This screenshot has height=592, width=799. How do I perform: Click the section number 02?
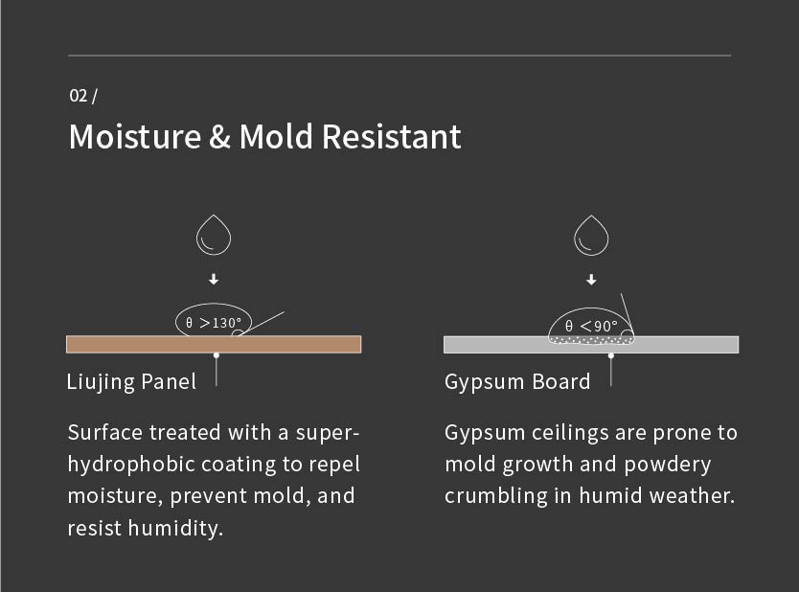coord(78,95)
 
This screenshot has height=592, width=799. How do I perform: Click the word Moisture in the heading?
coord(135,137)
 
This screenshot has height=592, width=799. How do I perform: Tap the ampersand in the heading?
coord(219,137)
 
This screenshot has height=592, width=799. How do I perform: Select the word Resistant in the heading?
coord(391,137)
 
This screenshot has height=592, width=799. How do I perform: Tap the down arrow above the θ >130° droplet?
coord(214,279)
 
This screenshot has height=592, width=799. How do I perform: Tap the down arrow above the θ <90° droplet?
coord(591,280)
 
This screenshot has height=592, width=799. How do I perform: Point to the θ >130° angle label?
coord(214,323)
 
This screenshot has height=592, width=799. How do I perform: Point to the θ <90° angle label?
coord(591,326)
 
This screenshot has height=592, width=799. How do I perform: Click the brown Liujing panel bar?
coord(214,345)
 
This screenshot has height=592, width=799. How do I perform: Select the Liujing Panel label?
coord(131,382)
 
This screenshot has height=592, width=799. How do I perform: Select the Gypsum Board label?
coord(517,382)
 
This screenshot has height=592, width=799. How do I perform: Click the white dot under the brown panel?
coord(217,355)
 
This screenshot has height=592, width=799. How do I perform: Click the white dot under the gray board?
coord(611,355)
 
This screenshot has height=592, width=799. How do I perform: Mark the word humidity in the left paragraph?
coord(176,529)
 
